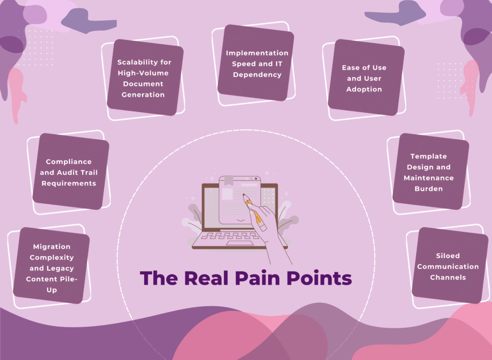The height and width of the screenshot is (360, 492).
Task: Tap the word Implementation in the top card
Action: pyautogui.click(x=257, y=53)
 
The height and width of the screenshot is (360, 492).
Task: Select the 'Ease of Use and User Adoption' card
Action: pyautogui.click(x=364, y=78)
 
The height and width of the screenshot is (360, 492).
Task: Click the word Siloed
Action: pyautogui.click(x=448, y=256)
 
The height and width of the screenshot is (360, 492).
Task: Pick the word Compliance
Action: pyautogui.click(x=69, y=162)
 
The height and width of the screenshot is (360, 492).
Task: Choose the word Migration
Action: pyautogui.click(x=52, y=247)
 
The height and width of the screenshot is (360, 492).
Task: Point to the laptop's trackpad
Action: pyautogui.click(x=240, y=243)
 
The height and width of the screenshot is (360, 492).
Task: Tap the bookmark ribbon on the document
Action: pyautogui.click(x=228, y=181)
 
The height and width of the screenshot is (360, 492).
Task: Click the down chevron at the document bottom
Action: pyautogui.click(x=240, y=220)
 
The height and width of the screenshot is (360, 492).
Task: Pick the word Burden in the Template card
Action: pyautogui.click(x=429, y=188)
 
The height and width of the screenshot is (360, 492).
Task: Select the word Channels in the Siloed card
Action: pyautogui.click(x=448, y=277)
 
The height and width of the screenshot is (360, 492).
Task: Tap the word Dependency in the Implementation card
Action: pyautogui.click(x=257, y=74)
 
